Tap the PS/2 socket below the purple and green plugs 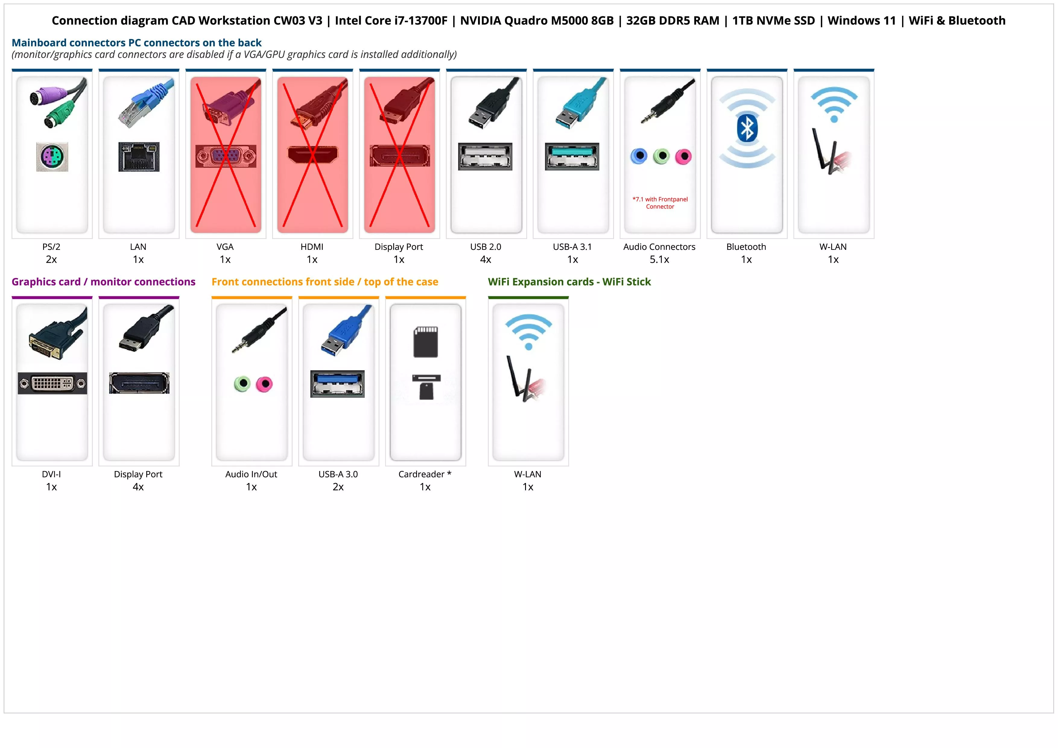coord(52,157)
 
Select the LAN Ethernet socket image coord(139,157)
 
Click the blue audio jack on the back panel coord(639,156)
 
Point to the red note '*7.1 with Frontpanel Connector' coord(660,203)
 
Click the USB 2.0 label coord(486,247)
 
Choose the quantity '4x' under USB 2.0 coord(486,259)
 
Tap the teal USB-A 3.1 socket coord(572,156)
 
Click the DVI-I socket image coord(52,383)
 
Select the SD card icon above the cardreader coord(426,342)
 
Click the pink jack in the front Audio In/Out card coord(264,384)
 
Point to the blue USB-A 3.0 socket coord(337,384)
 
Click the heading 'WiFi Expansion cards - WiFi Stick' coord(569,282)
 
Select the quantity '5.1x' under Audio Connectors coord(659,259)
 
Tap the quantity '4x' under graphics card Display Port coord(138,487)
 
